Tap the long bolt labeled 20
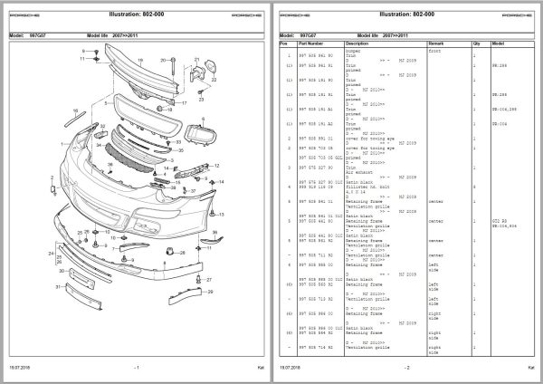click(x=169, y=69)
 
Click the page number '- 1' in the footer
click(x=137, y=368)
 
